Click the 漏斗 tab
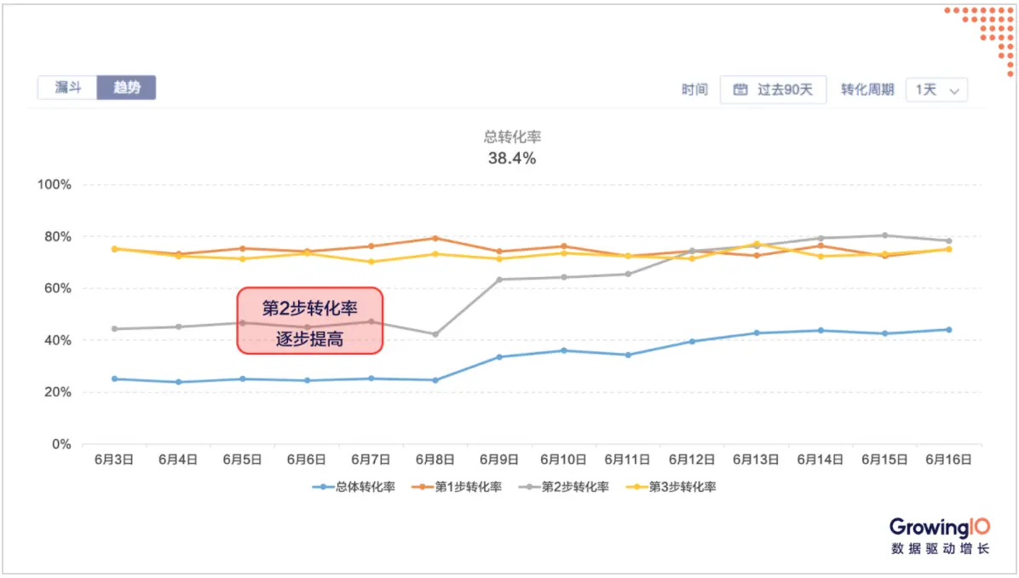point(67,88)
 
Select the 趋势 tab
point(126,88)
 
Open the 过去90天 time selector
point(773,90)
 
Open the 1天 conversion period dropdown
point(936,90)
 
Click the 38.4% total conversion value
point(512,159)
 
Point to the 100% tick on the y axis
point(54,185)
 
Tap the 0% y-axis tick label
point(60,444)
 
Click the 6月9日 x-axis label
point(498,460)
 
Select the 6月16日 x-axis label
point(948,460)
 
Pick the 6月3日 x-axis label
point(113,460)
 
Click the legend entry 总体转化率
point(354,487)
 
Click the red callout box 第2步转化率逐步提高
point(310,321)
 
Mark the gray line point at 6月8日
point(435,334)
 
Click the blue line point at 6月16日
point(948,330)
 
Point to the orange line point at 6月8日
point(435,238)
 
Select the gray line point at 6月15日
point(884,235)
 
